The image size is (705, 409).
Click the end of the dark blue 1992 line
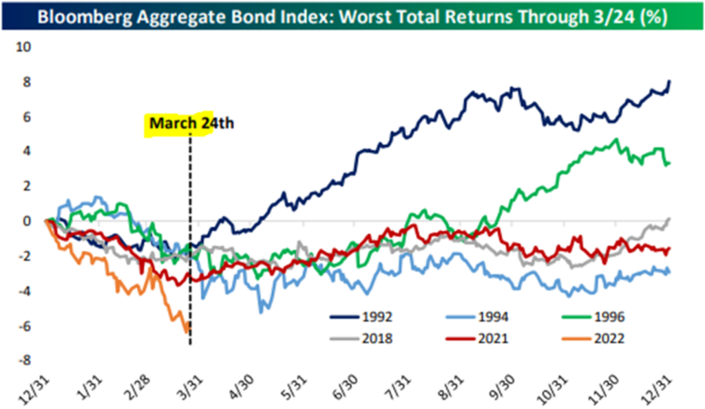671,81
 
